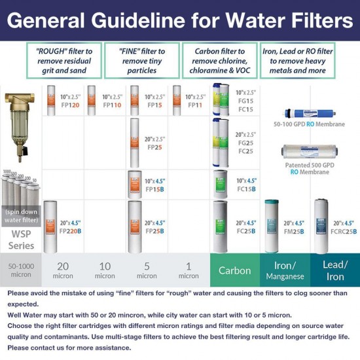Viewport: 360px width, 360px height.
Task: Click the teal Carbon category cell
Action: (234, 270)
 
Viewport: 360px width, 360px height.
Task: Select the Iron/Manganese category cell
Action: (285, 270)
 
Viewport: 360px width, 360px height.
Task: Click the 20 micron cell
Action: (63, 270)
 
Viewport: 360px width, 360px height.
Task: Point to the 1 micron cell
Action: (189, 270)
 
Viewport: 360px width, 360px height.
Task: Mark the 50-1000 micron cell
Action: (21, 270)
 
